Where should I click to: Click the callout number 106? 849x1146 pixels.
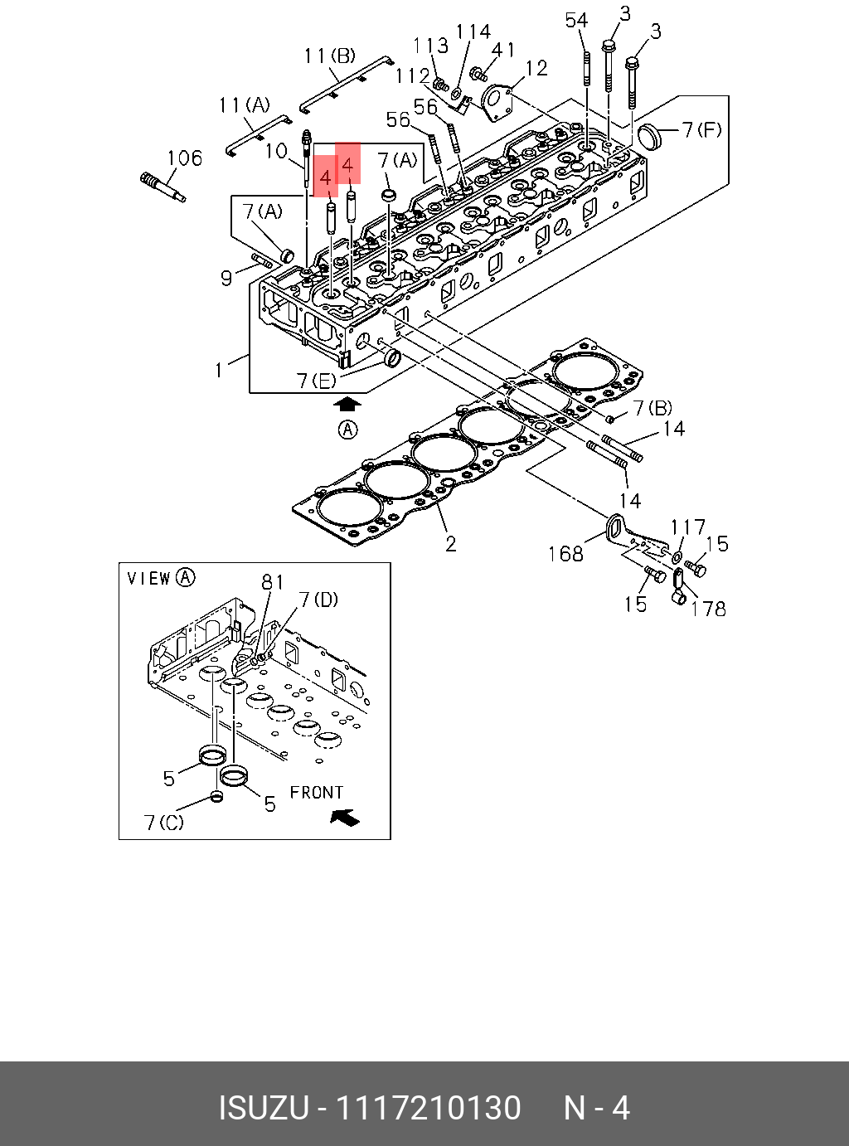[184, 158]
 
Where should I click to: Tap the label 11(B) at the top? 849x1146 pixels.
[329, 56]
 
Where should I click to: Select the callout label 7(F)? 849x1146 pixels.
[701, 129]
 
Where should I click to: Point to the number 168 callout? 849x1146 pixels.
[565, 553]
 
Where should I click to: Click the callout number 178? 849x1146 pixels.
[708, 609]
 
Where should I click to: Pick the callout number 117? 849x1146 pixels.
[688, 527]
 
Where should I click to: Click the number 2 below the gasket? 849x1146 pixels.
[450, 544]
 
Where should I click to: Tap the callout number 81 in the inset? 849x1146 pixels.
[273, 582]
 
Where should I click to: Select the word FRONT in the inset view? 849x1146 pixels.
[316, 793]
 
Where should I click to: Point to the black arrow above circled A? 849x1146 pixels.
[348, 404]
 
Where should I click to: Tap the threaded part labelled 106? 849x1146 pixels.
[163, 186]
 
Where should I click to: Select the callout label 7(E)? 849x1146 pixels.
[316, 381]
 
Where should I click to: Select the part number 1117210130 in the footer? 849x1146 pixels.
[427, 1108]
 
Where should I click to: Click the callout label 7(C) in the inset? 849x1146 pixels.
[163, 823]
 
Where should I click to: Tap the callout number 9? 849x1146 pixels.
[226, 278]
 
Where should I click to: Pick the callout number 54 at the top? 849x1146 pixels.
[576, 21]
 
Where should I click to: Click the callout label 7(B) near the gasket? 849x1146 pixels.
[653, 408]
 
